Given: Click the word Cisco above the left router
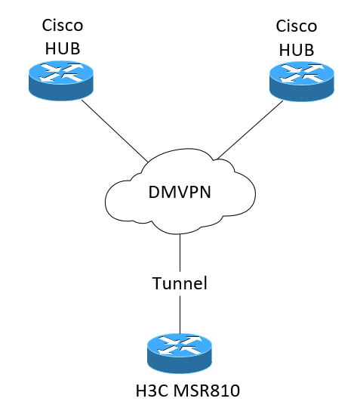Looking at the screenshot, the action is [x=63, y=26].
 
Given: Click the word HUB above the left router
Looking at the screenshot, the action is [x=63, y=48].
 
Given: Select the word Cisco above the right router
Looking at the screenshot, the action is [x=297, y=26].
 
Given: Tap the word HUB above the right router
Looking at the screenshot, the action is [x=297, y=50].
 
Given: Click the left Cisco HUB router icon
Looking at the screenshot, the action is [x=61, y=81].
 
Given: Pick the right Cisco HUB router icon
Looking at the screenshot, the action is [x=302, y=82].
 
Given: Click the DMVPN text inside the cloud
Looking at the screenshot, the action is [x=180, y=192].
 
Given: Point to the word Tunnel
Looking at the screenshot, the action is [x=180, y=283].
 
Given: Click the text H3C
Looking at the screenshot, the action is [x=152, y=391].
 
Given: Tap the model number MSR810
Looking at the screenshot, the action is [x=207, y=391].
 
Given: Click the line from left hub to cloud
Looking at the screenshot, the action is [x=115, y=131].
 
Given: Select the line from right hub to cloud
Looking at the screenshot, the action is [x=250, y=130].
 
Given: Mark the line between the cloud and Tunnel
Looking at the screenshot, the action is [x=180, y=252].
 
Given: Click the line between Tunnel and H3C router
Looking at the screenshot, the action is [x=180, y=314].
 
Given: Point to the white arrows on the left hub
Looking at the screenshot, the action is [x=61, y=72].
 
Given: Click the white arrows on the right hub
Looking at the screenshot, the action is [x=302, y=73].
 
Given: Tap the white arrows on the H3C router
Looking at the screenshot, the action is [x=180, y=345].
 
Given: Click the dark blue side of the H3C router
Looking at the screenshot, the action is [x=180, y=365].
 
